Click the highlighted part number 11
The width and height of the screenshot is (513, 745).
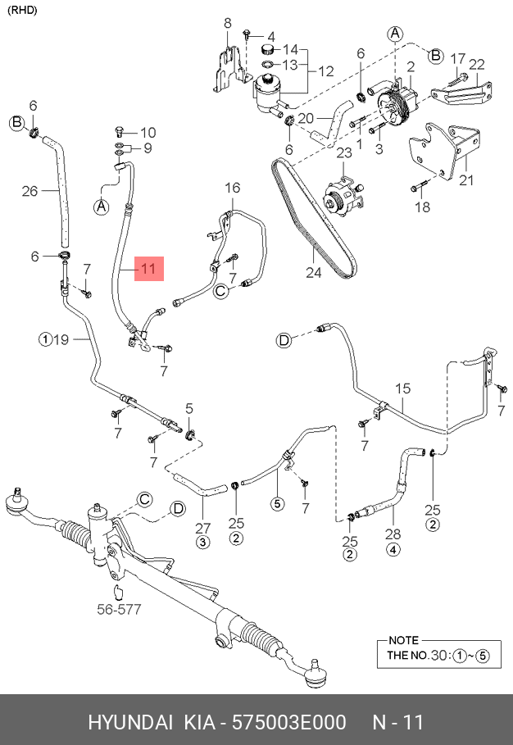pyautogui.click(x=148, y=268)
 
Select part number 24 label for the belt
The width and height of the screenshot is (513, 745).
pyautogui.click(x=315, y=272)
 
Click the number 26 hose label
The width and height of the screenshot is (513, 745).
pyautogui.click(x=30, y=192)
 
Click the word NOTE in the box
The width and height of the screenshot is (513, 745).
pyautogui.click(x=403, y=640)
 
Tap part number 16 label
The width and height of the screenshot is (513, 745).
pyautogui.click(x=232, y=189)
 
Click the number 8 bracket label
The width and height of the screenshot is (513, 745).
pyautogui.click(x=228, y=24)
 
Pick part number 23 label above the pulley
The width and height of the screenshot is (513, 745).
pyautogui.click(x=343, y=152)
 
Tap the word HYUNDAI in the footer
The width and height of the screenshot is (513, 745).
pyautogui.click(x=130, y=723)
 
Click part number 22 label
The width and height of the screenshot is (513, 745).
pyautogui.click(x=477, y=65)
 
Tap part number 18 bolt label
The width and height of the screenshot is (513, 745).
pyautogui.click(x=422, y=208)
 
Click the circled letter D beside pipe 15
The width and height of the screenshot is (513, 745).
pyautogui.click(x=284, y=341)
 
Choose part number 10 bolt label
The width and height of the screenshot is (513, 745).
pyautogui.click(x=147, y=132)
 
